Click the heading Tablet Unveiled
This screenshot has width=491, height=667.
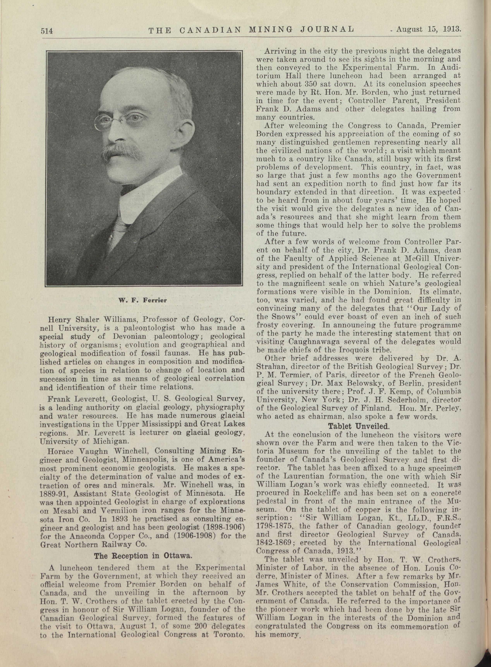358,426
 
